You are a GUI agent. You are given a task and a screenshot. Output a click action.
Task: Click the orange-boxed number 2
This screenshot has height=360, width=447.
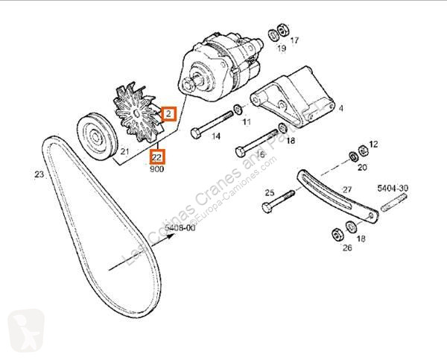click(x=170, y=114)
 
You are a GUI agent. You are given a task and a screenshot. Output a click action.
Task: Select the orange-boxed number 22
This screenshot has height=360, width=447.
click(x=157, y=157)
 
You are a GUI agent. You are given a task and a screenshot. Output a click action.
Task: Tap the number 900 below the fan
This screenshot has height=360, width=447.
click(x=157, y=169)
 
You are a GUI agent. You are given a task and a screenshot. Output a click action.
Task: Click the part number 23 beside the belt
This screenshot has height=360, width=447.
click(x=39, y=175)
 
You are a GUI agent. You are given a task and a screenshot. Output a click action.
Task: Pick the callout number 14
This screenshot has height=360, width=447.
click(x=215, y=136)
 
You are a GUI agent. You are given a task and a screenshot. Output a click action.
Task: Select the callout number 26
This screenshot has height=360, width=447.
click(x=346, y=248)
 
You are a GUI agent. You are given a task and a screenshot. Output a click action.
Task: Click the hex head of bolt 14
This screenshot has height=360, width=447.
click(x=195, y=133)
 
